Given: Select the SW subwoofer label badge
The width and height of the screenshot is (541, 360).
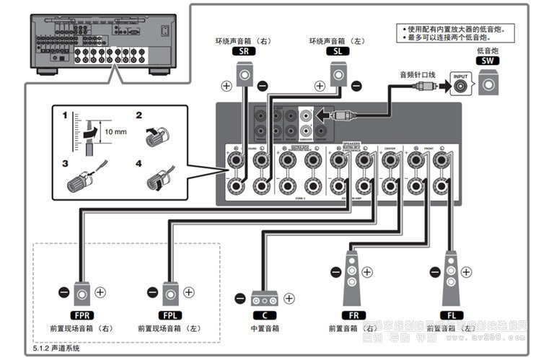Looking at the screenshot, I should coord(488,63).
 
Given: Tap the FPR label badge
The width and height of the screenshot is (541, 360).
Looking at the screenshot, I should coord(82,315).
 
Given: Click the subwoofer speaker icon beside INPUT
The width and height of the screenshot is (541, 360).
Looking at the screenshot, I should coord(488,84).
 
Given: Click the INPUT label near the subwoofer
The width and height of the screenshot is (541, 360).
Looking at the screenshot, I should coord(459,75).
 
